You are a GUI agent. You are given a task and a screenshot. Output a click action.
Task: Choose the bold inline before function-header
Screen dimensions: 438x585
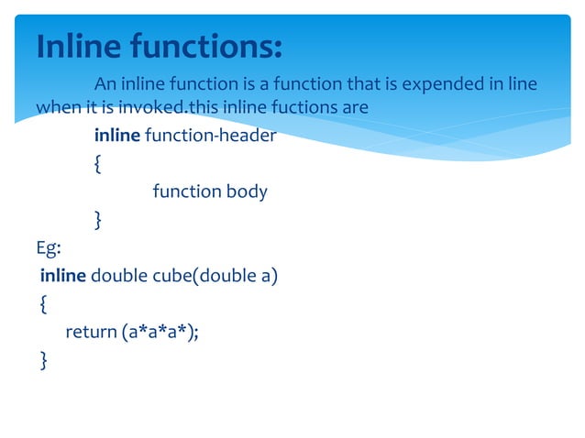point(116,136)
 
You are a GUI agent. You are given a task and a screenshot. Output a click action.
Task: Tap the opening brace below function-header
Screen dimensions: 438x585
point(98,164)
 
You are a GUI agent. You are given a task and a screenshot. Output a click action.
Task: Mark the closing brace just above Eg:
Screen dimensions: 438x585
point(98,219)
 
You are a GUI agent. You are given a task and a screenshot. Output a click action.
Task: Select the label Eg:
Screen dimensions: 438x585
point(48,247)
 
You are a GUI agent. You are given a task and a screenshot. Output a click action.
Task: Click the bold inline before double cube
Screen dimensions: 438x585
point(62,275)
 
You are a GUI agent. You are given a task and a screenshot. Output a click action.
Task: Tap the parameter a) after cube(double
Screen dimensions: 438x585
point(270,275)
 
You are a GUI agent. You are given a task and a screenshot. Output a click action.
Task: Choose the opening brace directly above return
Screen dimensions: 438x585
point(44,303)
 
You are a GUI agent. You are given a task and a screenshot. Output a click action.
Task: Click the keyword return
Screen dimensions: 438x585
point(91,331)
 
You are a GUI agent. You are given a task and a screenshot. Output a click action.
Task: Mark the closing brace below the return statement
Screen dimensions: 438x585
point(44,359)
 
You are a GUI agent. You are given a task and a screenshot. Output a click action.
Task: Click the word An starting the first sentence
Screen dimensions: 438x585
point(105,85)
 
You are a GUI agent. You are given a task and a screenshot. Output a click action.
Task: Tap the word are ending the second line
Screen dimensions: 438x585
point(355,107)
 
